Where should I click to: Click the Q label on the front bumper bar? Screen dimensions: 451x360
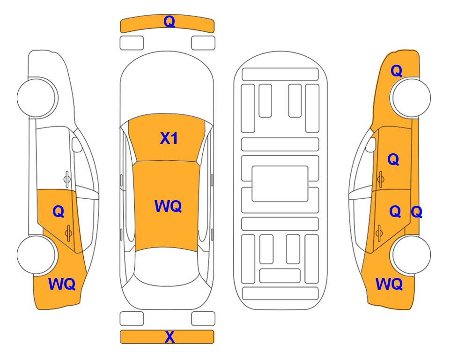(169, 22)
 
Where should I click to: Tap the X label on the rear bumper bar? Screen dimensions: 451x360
(170, 337)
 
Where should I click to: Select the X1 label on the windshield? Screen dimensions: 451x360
(169, 138)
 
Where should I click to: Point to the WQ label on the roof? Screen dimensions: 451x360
(168, 206)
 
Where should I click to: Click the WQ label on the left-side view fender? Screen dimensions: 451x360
(62, 284)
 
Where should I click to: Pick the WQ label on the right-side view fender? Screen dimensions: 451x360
(389, 284)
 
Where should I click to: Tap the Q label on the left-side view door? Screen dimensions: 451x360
(59, 212)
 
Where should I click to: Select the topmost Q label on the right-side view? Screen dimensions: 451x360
(396, 71)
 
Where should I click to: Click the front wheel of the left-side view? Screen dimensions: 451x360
(37, 97)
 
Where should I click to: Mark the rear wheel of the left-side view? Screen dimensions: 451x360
(37, 255)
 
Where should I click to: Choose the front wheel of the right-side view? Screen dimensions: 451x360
(410, 97)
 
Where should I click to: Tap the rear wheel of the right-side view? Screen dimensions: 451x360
(410, 255)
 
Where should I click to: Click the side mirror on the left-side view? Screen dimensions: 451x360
(77, 144)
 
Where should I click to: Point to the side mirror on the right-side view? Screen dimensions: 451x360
(371, 144)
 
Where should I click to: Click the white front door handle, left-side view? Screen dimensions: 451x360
(67, 179)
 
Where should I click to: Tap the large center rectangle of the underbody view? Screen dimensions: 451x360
(280, 184)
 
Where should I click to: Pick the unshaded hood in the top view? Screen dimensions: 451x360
(167, 86)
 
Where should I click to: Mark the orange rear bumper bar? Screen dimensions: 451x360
(167, 337)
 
